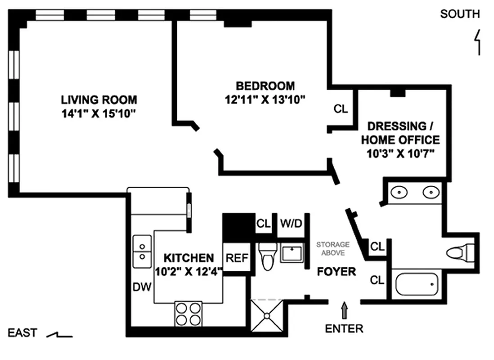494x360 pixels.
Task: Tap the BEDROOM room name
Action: pyautogui.click(x=265, y=85)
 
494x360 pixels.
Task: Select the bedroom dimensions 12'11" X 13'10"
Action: pyautogui.click(x=265, y=100)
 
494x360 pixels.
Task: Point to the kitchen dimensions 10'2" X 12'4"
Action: pyautogui.click(x=189, y=271)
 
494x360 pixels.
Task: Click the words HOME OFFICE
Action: pyautogui.click(x=400, y=139)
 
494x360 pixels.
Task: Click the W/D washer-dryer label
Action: pyautogui.click(x=291, y=223)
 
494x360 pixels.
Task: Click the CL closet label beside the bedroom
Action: pyautogui.click(x=341, y=109)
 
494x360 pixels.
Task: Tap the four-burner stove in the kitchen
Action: pyautogui.click(x=188, y=313)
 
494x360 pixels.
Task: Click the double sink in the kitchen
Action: pyautogui.click(x=142, y=251)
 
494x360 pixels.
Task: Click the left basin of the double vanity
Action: pyautogui.click(x=399, y=193)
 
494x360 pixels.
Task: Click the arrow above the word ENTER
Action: pyautogui.click(x=345, y=310)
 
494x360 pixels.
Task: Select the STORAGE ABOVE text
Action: pyautogui.click(x=332, y=248)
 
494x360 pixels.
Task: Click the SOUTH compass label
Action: pyautogui.click(x=459, y=14)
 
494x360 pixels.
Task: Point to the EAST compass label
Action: pyautogui.click(x=22, y=333)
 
